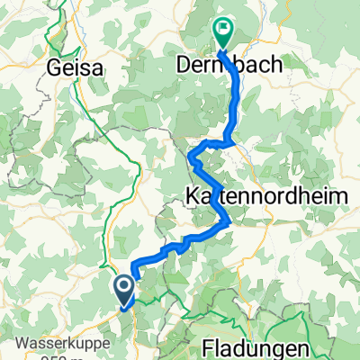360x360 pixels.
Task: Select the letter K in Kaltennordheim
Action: click(x=191, y=194)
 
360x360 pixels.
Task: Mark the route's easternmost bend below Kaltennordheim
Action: click(x=232, y=221)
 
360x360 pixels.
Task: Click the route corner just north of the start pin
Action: click(x=134, y=263)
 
